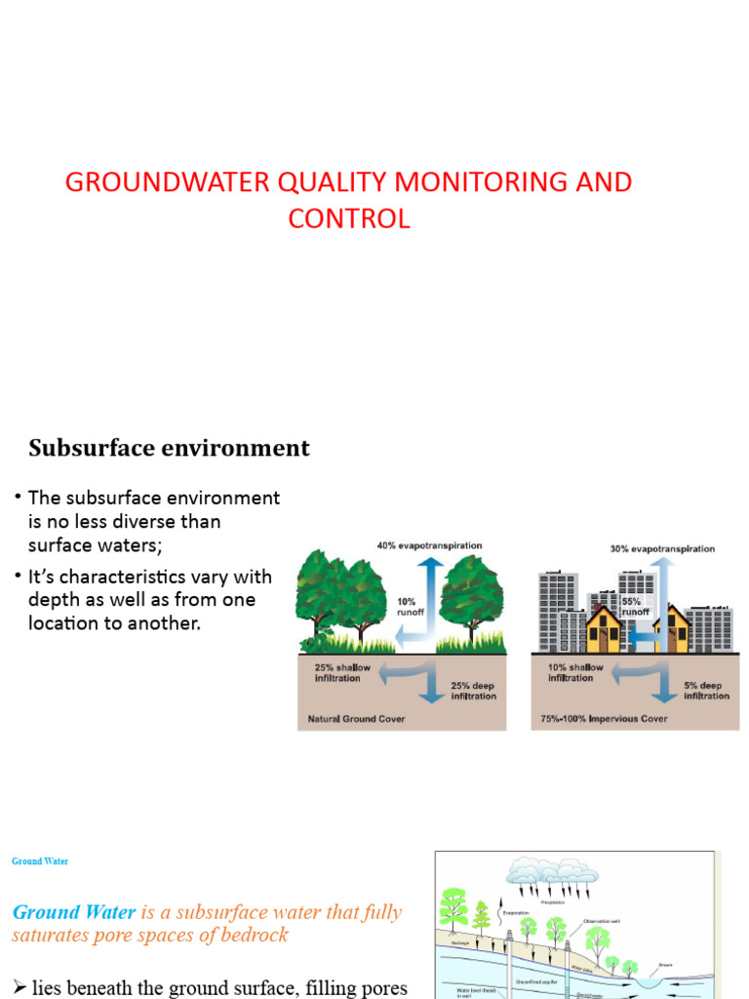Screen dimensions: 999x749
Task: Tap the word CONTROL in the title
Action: [348, 220]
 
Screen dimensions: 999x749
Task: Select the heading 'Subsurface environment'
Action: [169, 448]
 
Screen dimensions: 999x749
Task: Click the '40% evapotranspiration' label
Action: [429, 545]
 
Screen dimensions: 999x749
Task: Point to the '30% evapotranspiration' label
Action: [662, 548]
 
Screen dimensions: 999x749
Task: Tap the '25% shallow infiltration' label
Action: [342, 672]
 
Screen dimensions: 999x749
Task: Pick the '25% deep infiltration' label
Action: [473, 691]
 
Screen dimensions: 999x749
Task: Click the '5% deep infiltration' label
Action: [706, 691]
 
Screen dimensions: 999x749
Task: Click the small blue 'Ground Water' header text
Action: [40, 861]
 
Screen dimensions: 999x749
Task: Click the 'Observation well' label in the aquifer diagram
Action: [606, 920]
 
